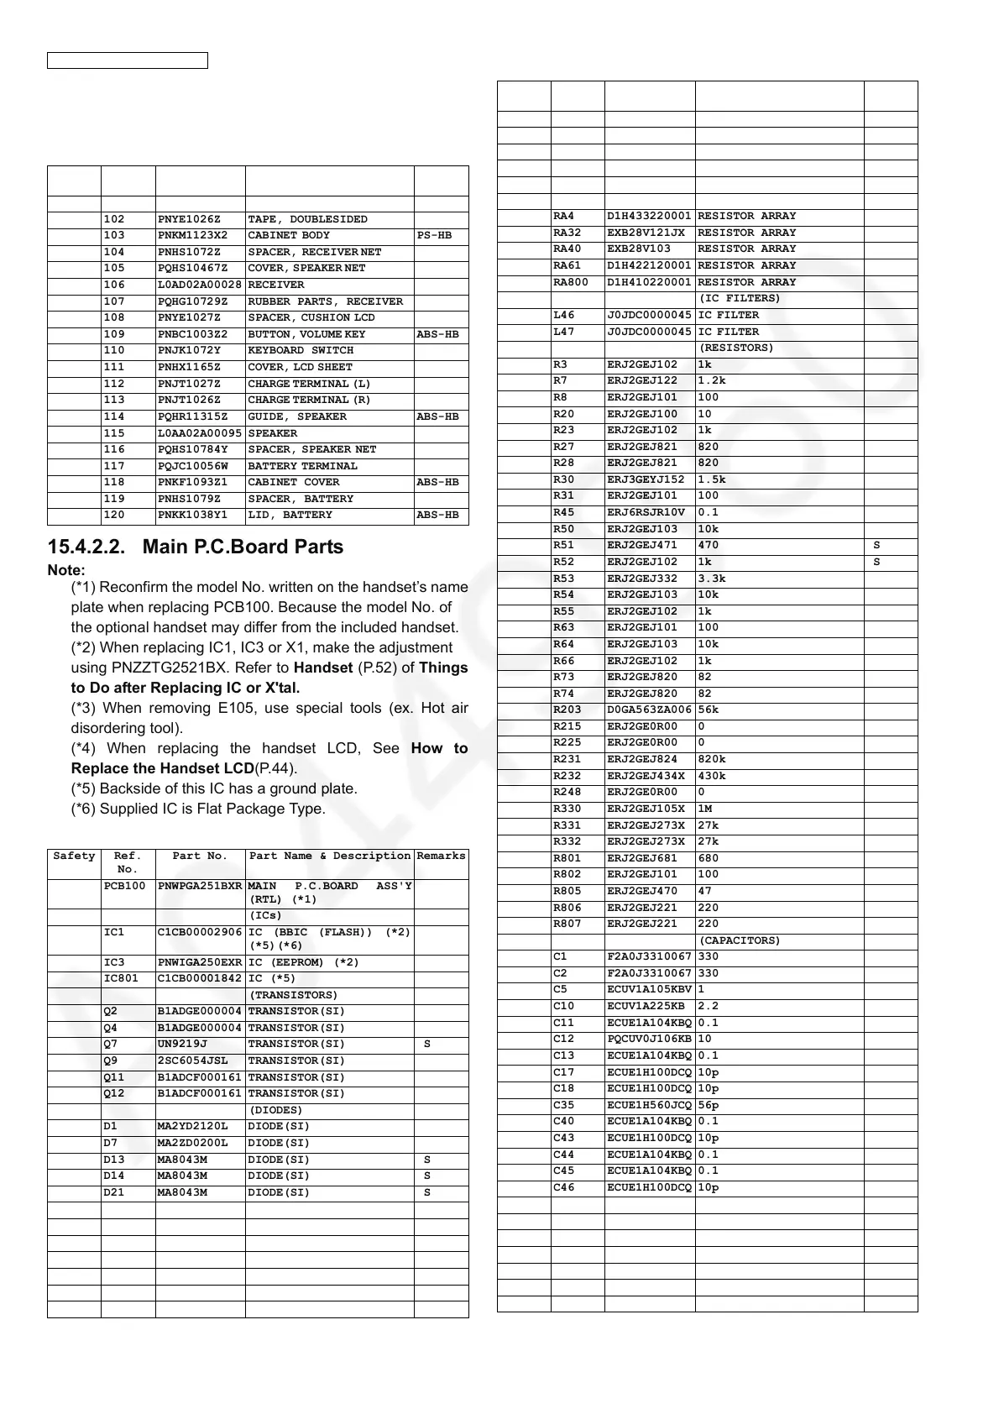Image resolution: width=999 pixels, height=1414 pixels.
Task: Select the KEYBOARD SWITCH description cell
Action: [301, 351]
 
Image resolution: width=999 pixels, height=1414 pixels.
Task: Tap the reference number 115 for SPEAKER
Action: [114, 433]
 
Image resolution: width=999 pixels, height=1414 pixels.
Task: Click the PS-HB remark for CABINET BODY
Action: [434, 236]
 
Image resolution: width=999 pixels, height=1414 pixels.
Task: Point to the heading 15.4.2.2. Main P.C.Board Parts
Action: [196, 547]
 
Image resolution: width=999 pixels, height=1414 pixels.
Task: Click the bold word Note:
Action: [66, 570]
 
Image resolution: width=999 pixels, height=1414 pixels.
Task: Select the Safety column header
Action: [74, 856]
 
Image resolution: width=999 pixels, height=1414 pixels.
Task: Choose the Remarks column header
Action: [441, 856]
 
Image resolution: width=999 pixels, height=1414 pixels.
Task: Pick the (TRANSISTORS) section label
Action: [294, 995]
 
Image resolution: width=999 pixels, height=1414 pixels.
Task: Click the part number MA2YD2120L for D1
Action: [192, 1127]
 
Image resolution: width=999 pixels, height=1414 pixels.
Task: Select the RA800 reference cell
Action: [571, 282]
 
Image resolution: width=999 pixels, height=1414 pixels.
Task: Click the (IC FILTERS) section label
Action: [740, 299]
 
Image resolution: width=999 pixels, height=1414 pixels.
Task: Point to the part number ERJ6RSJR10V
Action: [646, 512]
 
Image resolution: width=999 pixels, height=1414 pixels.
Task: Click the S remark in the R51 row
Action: [876, 545]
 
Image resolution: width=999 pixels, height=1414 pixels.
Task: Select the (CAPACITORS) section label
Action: [740, 940]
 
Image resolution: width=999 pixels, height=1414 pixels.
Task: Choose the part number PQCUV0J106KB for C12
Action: [649, 1040]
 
